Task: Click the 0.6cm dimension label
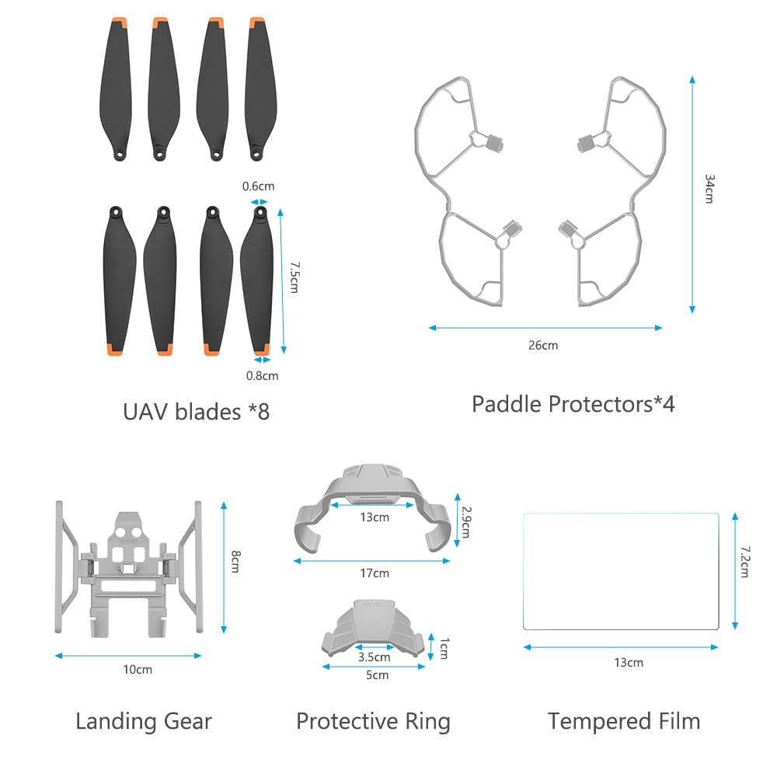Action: click(x=258, y=186)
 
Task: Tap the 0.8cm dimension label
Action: click(x=262, y=375)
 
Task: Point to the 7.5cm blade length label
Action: click(x=294, y=277)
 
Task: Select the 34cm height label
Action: click(x=709, y=189)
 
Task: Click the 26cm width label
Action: click(x=543, y=345)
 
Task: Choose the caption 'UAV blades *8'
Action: click(x=197, y=412)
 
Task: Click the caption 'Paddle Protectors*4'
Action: click(x=573, y=404)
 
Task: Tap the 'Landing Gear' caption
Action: click(x=144, y=722)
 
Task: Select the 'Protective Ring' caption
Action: click(x=373, y=722)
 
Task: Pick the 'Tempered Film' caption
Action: click(x=624, y=722)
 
